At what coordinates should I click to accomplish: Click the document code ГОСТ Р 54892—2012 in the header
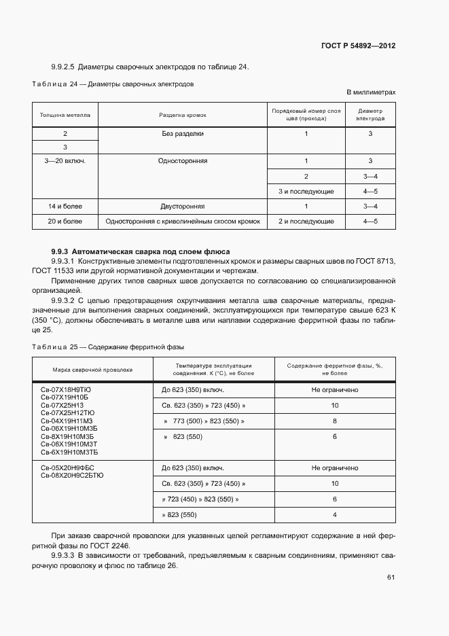(358, 46)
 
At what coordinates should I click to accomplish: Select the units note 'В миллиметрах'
(371, 91)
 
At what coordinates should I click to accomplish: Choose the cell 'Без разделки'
(183, 134)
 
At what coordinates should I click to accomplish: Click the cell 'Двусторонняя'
(183, 206)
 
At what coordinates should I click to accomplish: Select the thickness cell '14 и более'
(65, 206)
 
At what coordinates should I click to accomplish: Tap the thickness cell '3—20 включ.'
(65, 161)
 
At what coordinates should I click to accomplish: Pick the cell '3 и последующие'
(306, 191)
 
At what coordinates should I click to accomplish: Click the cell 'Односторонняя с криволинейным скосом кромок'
(183, 222)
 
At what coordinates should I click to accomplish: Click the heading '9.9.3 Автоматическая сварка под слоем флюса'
(141, 250)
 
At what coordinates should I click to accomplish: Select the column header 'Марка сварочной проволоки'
(92, 370)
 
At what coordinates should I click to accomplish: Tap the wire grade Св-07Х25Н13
(62, 405)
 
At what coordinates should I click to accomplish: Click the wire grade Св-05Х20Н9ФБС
(69, 467)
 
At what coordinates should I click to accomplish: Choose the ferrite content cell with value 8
(334, 421)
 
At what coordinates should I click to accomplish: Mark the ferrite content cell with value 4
(334, 515)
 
